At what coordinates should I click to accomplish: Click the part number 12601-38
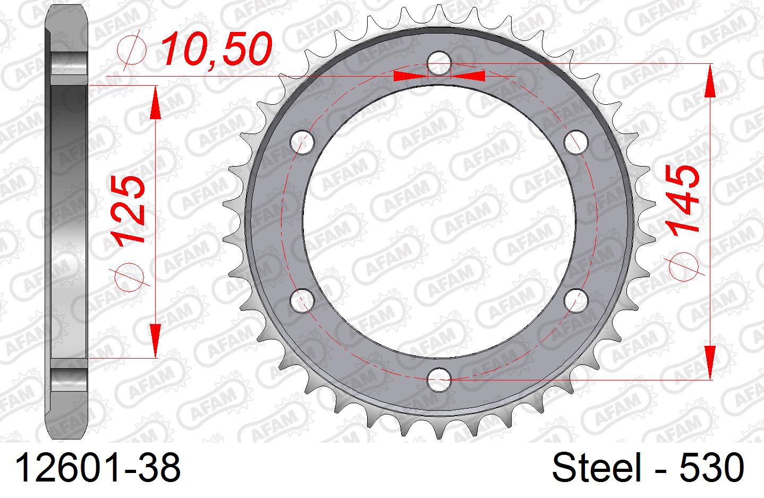coord(98,469)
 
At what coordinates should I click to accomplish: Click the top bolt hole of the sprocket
coord(439,64)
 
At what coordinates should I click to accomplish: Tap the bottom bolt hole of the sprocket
coord(439,379)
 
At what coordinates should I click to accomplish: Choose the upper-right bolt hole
coord(576,143)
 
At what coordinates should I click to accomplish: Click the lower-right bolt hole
coord(576,300)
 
